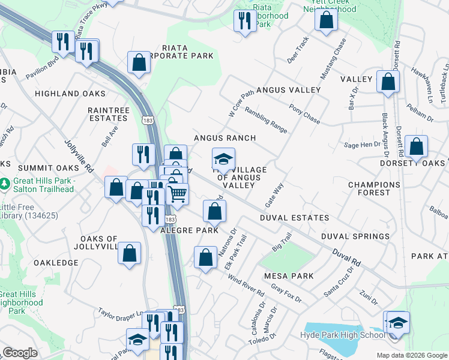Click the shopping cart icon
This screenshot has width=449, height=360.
178,194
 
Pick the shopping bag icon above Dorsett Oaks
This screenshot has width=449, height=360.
416,146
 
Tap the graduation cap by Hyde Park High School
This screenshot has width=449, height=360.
397,322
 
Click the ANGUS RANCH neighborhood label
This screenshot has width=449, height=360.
224,138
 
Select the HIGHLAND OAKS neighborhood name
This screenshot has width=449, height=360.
70,94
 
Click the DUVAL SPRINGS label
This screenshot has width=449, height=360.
355,236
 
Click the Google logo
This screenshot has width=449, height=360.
20,353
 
